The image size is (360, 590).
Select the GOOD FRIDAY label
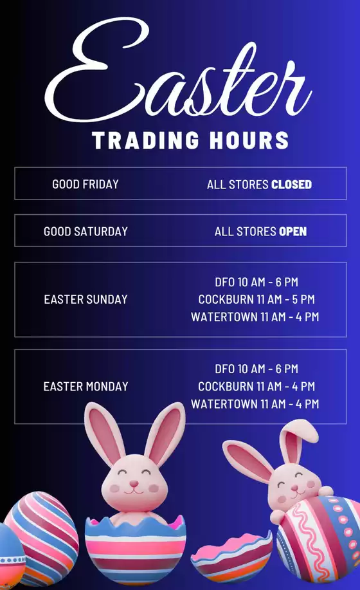(x=85, y=184)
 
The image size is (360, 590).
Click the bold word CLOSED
(x=291, y=185)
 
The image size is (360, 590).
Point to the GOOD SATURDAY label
(x=85, y=231)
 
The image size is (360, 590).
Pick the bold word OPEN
(x=292, y=231)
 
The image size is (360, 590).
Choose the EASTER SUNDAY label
(x=85, y=299)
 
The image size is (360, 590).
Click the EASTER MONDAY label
(x=85, y=387)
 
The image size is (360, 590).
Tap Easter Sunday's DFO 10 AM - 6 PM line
(x=256, y=282)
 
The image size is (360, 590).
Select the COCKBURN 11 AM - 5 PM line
(x=256, y=299)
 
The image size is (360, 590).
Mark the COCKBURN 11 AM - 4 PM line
(x=256, y=387)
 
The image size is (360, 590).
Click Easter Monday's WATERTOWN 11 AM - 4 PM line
(x=255, y=404)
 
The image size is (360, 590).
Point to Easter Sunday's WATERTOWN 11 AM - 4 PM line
(x=255, y=317)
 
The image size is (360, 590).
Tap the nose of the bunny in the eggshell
(x=134, y=483)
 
